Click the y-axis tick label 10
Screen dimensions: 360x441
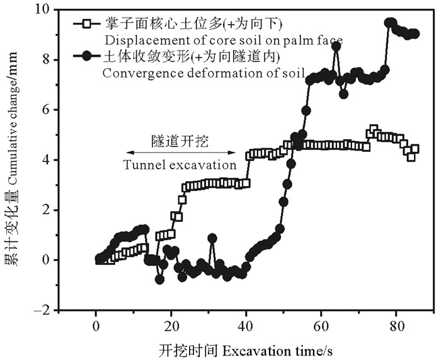(x=46, y=10)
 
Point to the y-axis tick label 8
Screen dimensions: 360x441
(x=50, y=60)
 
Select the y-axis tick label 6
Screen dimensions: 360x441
(x=50, y=110)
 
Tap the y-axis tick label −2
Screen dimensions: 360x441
(x=46, y=310)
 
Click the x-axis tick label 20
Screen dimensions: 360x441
(x=171, y=327)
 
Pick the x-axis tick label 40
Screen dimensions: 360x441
(x=246, y=327)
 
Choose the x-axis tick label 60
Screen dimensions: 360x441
(x=321, y=327)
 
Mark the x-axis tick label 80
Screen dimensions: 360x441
(x=396, y=327)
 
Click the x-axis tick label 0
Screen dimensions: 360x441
(x=96, y=327)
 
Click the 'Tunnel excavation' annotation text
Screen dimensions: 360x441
(x=180, y=166)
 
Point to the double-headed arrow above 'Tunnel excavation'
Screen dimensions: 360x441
(x=181, y=153)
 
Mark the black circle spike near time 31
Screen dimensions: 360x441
(x=212, y=238)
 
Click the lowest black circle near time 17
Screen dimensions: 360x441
(x=159, y=279)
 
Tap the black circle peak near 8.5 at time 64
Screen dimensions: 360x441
(x=336, y=46)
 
